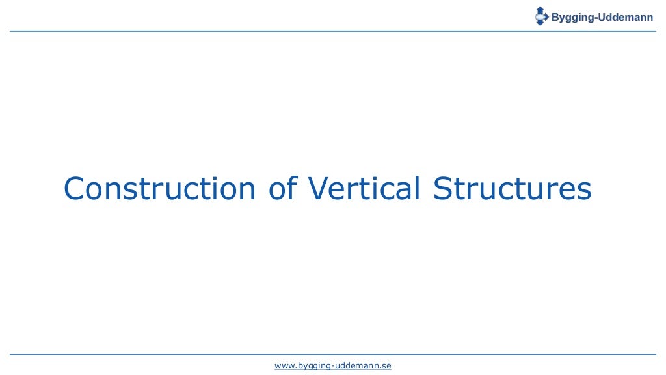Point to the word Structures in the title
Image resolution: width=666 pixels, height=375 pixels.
pos(513,189)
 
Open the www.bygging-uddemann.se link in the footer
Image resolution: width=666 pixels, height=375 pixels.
pos(333,366)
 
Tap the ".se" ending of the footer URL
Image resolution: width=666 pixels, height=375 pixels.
pos(386,366)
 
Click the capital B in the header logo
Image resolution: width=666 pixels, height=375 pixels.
pos(555,18)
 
